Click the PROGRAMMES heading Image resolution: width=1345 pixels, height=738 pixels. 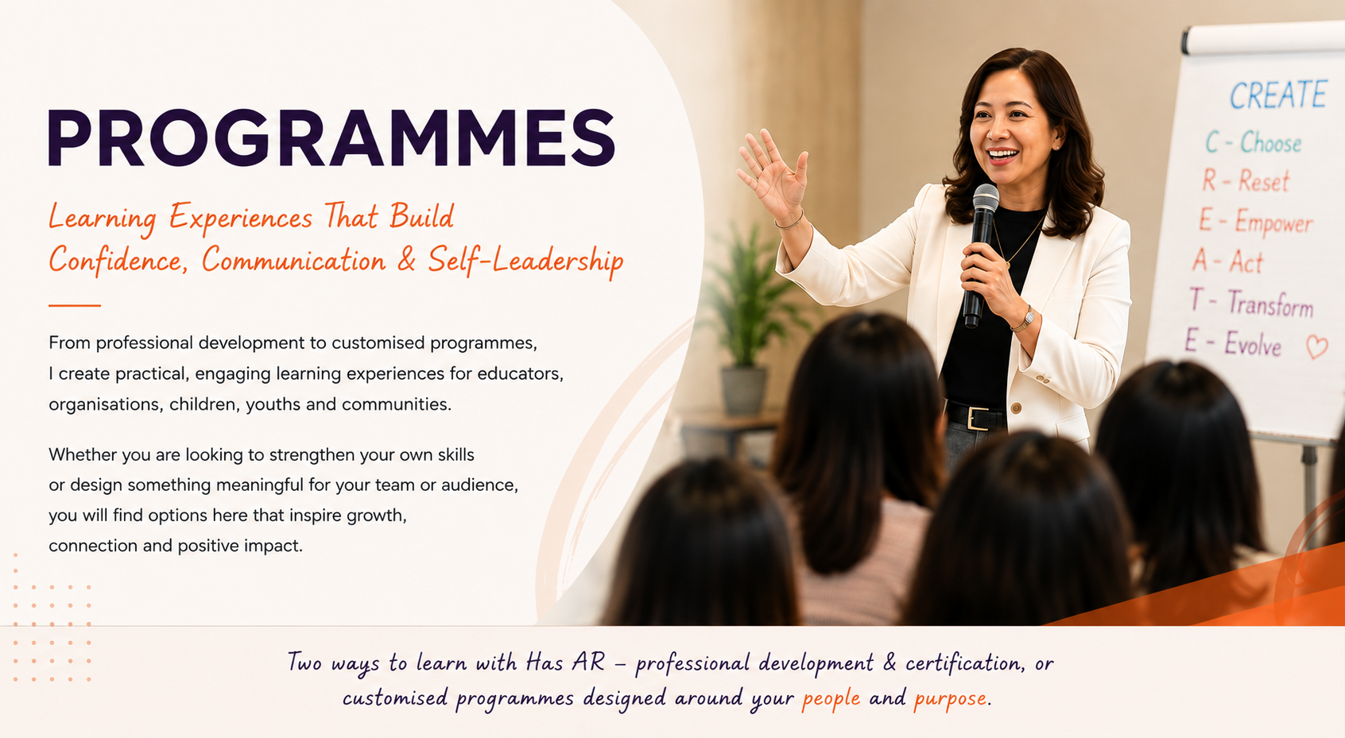pos(331,137)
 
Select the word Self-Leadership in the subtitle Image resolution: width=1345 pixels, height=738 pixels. pos(526,261)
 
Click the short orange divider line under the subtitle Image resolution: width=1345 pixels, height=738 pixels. pos(75,305)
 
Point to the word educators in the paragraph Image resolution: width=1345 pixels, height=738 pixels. pos(520,374)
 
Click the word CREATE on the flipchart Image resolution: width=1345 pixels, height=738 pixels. pos(1277,95)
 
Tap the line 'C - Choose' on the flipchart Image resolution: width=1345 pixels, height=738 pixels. pos(1253,143)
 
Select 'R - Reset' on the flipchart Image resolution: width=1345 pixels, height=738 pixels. pos(1246,180)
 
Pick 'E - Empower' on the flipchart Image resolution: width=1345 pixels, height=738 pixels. pos(1255,222)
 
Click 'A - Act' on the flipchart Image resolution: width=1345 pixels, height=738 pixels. pos(1228,261)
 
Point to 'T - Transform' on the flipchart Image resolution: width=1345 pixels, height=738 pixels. pos(1250,303)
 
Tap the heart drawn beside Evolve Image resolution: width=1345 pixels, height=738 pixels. pos(1316,347)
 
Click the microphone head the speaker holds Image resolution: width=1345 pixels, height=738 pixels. pos(986,197)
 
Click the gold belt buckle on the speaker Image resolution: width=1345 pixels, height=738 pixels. pos(977,418)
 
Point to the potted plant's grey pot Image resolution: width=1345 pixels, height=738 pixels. pos(743,390)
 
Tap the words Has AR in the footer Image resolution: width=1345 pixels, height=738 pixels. pos(565,663)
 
